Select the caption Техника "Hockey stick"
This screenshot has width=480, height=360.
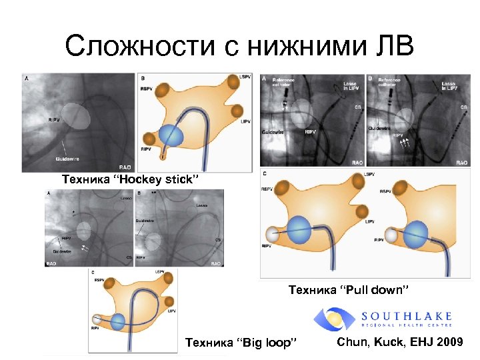point(130,179)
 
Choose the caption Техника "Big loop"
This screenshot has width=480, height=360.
point(241,343)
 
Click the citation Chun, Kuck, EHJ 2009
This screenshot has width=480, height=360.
point(400,342)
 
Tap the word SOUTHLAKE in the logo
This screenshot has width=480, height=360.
point(406,315)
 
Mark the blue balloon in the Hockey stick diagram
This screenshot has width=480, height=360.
point(171,135)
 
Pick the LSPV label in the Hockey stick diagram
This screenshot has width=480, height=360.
point(245,78)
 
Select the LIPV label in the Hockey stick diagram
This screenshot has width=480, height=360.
point(245,121)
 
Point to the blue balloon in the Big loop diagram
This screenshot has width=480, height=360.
point(118,322)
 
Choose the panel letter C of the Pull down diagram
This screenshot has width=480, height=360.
point(265,174)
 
